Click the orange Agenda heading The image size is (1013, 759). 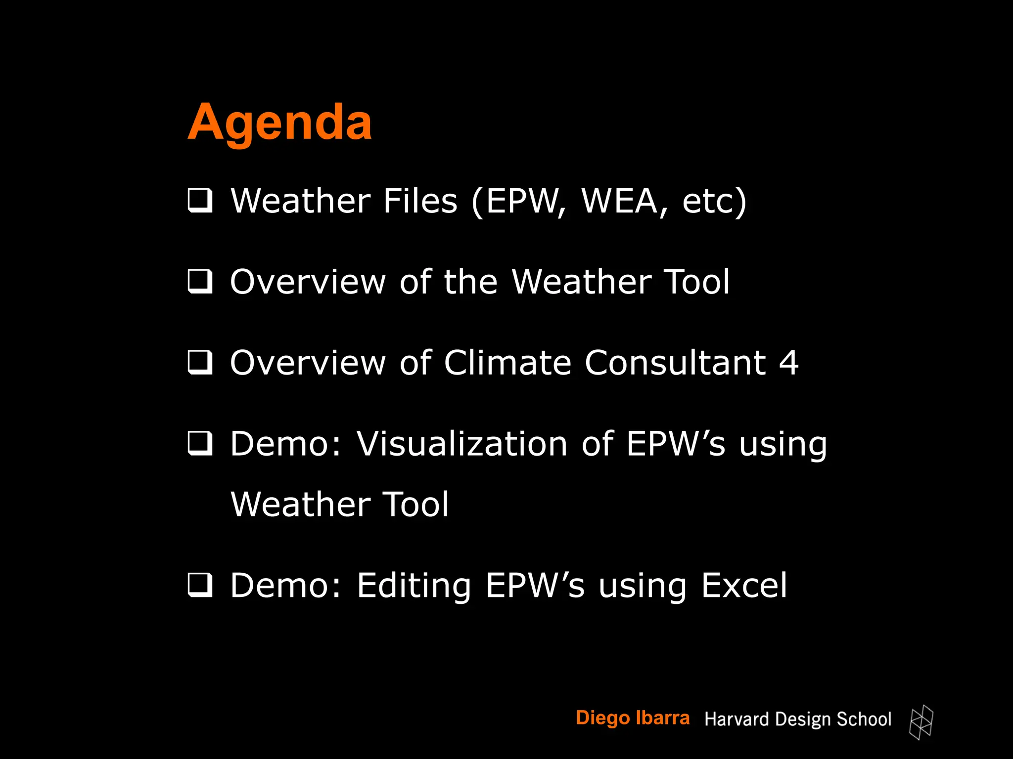(x=279, y=122)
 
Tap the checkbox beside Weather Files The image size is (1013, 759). (x=200, y=201)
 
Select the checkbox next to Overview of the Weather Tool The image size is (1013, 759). (x=200, y=282)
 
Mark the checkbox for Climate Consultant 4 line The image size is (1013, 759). (x=200, y=363)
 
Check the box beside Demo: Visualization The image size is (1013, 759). (x=200, y=443)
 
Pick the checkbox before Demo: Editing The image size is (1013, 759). (x=200, y=585)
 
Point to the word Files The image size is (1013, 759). (x=420, y=201)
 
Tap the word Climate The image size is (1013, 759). (x=507, y=363)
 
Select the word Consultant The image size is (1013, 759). (x=675, y=363)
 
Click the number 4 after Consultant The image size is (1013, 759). (x=788, y=363)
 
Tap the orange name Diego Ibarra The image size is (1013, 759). (x=633, y=718)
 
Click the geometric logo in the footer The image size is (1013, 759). (x=921, y=722)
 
